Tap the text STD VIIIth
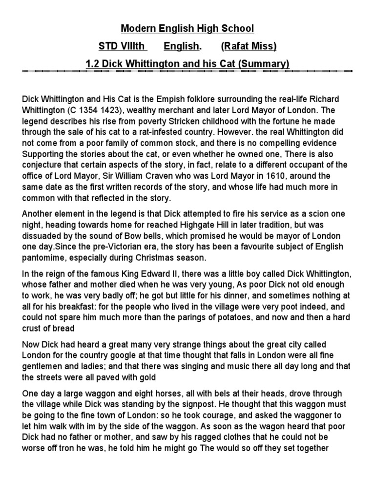click(122, 46)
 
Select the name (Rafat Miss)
click(249, 46)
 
